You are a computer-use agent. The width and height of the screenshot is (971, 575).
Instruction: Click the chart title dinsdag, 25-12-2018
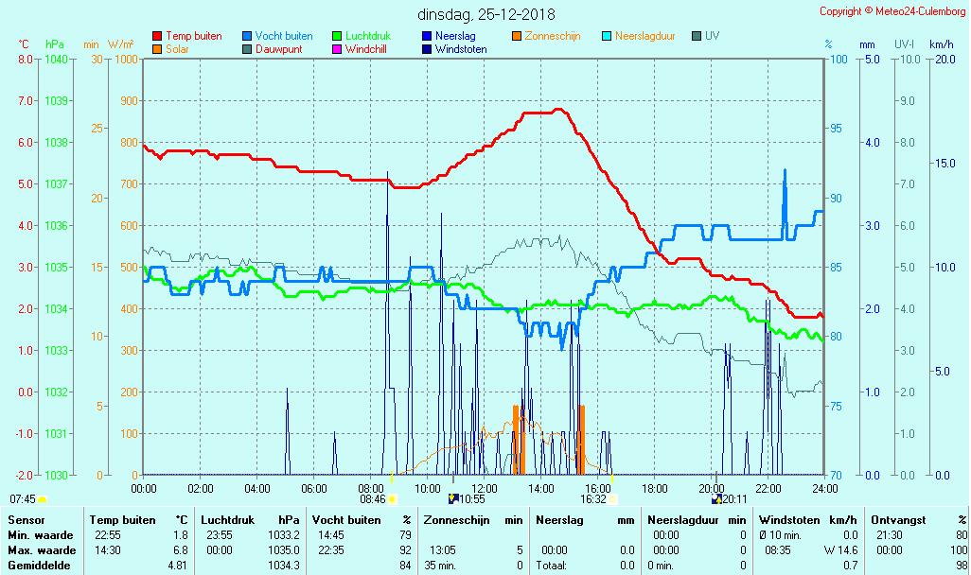486,14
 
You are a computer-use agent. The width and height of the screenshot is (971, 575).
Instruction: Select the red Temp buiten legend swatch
157,36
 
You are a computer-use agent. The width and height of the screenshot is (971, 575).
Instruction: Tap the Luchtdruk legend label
369,36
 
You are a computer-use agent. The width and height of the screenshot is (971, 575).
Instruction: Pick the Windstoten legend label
461,49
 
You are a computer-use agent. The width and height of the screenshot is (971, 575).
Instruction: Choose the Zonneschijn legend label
553,36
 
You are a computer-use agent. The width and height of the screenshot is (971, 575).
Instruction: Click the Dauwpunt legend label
279,49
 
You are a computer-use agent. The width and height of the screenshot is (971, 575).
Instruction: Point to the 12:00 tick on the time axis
485,488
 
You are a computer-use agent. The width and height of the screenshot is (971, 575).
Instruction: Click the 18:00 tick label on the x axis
655,488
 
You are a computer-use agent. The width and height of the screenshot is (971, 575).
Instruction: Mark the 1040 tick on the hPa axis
56,59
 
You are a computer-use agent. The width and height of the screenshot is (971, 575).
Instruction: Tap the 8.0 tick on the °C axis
26,59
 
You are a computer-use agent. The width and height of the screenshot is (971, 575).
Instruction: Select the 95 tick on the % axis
837,129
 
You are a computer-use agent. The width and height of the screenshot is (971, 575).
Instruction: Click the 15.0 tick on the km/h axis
943,164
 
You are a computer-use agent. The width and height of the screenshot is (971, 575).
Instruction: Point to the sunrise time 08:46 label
373,499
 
